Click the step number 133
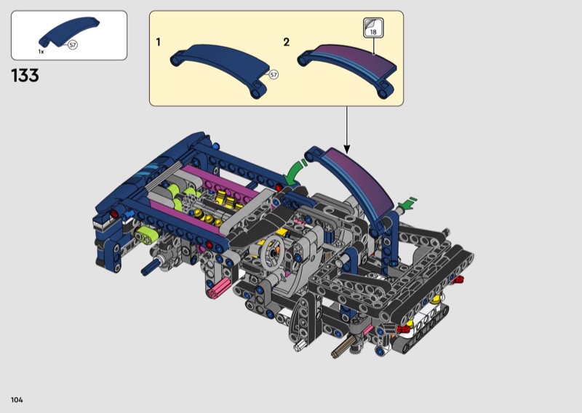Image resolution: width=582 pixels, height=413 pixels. [x=25, y=76]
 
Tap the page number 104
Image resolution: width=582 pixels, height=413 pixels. [x=17, y=400]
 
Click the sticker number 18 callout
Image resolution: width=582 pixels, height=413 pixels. [x=373, y=28]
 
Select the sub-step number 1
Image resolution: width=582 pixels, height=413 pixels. [x=159, y=42]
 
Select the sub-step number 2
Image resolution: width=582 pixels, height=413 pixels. [x=286, y=42]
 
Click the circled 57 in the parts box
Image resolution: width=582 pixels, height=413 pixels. [x=73, y=45]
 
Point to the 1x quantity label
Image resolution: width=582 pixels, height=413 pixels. [x=41, y=52]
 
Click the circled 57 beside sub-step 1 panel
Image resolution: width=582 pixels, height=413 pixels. [x=274, y=75]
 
